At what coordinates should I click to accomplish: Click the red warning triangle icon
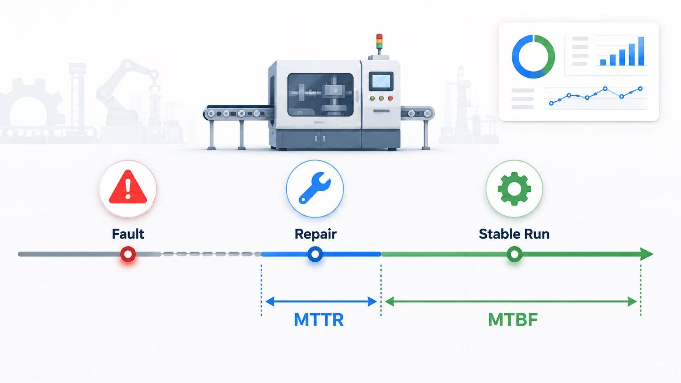point(128,187)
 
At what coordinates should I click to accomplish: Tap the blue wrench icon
point(314,188)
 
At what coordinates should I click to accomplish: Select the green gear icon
point(514,188)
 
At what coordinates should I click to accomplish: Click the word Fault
point(128,234)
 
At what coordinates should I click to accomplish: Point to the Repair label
point(315,234)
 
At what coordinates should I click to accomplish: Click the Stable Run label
point(514,234)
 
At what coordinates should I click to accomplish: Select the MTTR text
point(319,320)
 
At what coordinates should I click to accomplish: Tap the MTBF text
point(513,320)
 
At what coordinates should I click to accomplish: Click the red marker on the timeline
point(128,254)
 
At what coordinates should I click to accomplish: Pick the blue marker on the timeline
point(315,254)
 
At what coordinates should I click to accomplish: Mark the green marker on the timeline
point(514,254)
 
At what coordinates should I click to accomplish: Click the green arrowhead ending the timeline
point(646,254)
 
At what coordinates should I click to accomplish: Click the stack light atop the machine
point(379,42)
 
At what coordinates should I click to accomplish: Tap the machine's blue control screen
point(381,81)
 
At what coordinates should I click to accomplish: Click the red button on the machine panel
point(390,98)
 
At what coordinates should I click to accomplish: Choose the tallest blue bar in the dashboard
point(641,51)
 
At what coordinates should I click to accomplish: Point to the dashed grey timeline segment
point(211,254)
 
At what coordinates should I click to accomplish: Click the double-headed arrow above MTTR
point(321,302)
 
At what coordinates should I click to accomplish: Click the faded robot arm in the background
point(128,91)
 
